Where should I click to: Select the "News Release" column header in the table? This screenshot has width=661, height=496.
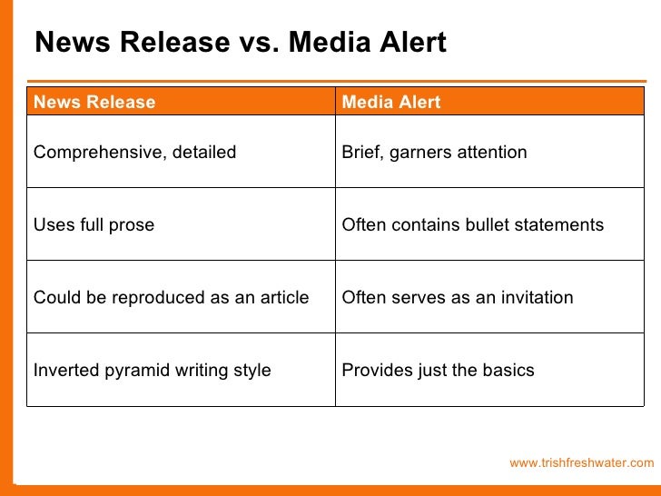[94, 103]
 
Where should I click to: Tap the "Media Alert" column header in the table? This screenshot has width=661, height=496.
[390, 103]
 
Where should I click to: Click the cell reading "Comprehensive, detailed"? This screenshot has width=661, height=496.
[134, 153]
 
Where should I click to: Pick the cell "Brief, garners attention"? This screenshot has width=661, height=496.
[434, 153]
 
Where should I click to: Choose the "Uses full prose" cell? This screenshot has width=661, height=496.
[94, 224]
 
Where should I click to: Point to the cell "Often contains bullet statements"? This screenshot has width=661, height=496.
[472, 224]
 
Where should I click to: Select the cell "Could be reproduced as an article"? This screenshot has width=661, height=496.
[171, 298]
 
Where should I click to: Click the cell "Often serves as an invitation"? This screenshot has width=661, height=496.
[457, 298]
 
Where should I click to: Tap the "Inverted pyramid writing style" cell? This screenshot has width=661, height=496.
[152, 371]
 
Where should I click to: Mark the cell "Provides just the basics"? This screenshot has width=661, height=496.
[438, 371]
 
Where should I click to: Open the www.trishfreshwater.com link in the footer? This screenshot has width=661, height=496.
[581, 463]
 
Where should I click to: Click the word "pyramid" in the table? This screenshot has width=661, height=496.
[130, 371]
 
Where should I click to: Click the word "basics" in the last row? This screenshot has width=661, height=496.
[509, 371]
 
